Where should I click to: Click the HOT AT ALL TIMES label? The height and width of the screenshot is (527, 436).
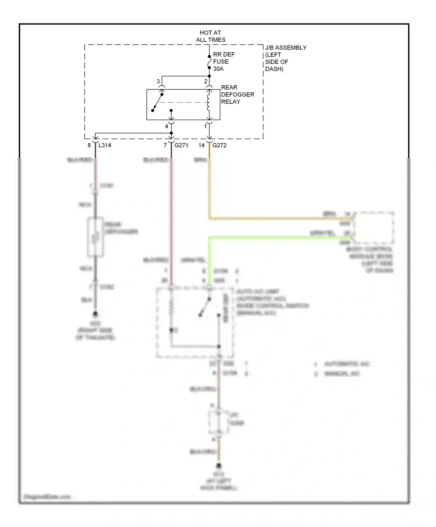[x=210, y=36]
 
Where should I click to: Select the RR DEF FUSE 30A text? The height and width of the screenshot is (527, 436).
[x=224, y=62]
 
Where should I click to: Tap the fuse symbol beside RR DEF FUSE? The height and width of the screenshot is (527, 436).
[x=209, y=62]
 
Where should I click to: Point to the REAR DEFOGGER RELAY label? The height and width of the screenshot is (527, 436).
[x=237, y=94]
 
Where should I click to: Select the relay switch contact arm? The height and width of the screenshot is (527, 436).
[x=158, y=102]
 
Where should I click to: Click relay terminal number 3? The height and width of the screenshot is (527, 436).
[x=158, y=81]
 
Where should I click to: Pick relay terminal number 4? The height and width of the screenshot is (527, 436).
[x=166, y=126]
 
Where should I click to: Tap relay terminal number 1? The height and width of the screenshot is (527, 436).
[x=206, y=126]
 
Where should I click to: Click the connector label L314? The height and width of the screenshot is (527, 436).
[x=105, y=145]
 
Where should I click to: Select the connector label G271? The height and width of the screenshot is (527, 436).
[x=181, y=145]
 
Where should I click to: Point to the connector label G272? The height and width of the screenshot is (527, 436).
[x=219, y=145]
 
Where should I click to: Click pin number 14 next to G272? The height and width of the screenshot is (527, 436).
[x=201, y=145]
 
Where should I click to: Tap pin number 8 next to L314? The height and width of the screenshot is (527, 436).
[x=89, y=145]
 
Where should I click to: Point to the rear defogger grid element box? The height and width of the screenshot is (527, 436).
[x=96, y=237]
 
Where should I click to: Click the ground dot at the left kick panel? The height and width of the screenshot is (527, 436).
[x=219, y=465]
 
